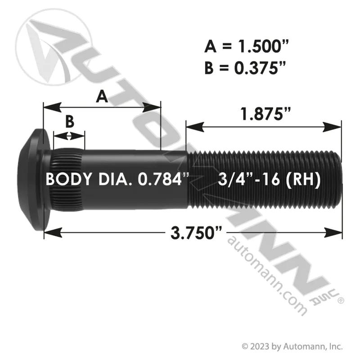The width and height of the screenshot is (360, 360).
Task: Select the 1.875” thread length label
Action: click(265, 114)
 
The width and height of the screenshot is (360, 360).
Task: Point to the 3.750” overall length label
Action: click(196, 233)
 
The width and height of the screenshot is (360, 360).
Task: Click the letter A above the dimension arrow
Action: click(102, 97)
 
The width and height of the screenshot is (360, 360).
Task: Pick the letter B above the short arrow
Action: click(70, 121)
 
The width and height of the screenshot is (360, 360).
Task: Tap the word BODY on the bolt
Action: click(68, 179)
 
